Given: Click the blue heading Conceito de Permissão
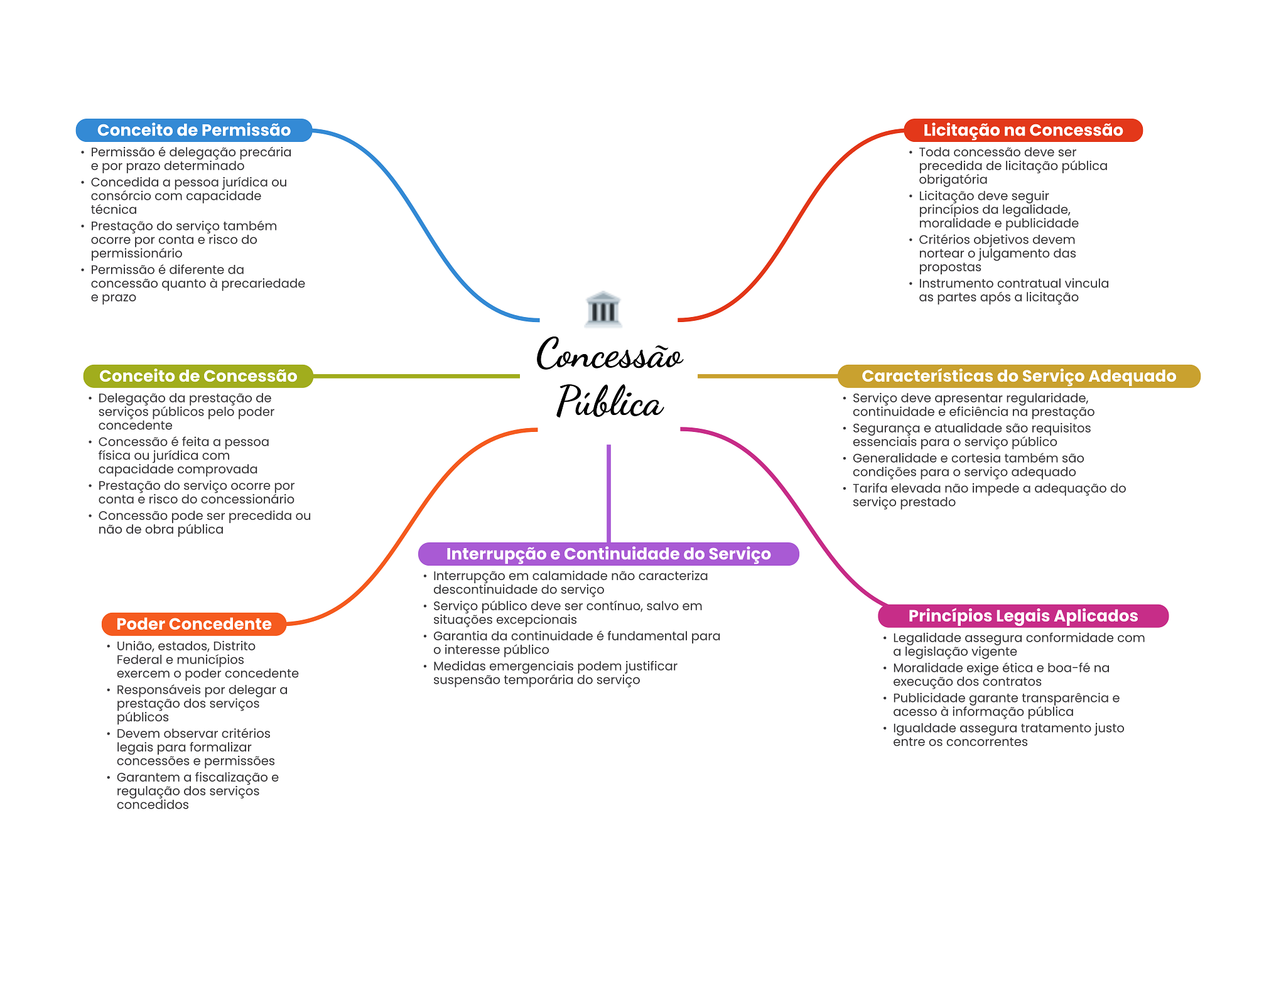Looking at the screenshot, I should tap(193, 130).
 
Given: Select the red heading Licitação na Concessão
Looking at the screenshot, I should tap(1022, 130).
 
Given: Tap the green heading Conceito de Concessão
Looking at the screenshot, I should tap(198, 376).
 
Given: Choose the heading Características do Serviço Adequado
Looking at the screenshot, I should tap(1018, 376).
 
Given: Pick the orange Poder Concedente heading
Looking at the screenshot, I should tap(193, 624).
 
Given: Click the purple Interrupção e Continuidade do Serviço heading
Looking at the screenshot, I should tap(608, 554).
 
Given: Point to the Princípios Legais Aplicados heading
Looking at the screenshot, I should tap(1022, 616).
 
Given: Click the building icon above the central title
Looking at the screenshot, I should tap(603, 309).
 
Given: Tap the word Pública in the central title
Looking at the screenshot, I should tap(609, 402).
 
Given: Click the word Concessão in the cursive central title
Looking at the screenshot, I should tap(609, 355).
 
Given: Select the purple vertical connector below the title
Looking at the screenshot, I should tap(608, 493).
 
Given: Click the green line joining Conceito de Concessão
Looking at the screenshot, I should tap(416, 376).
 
